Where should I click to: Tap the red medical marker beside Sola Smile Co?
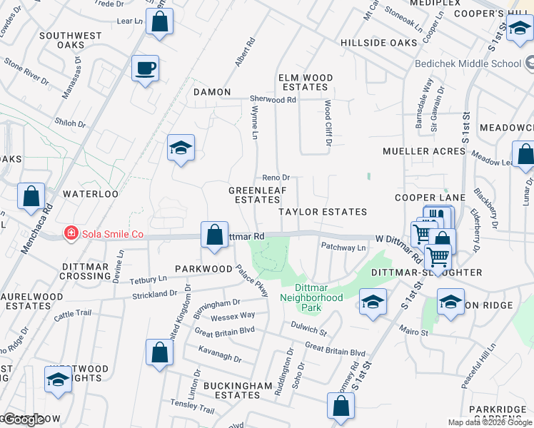click(x=71, y=233)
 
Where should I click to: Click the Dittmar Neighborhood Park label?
click(x=311, y=297)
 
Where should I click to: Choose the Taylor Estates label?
click(x=322, y=212)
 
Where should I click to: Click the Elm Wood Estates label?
click(x=305, y=82)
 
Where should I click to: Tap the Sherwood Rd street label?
click(x=272, y=100)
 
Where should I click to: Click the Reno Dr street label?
click(x=276, y=178)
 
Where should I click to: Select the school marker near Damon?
click(x=181, y=149)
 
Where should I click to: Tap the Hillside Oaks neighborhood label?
click(x=378, y=43)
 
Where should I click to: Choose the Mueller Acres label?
click(x=424, y=151)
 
